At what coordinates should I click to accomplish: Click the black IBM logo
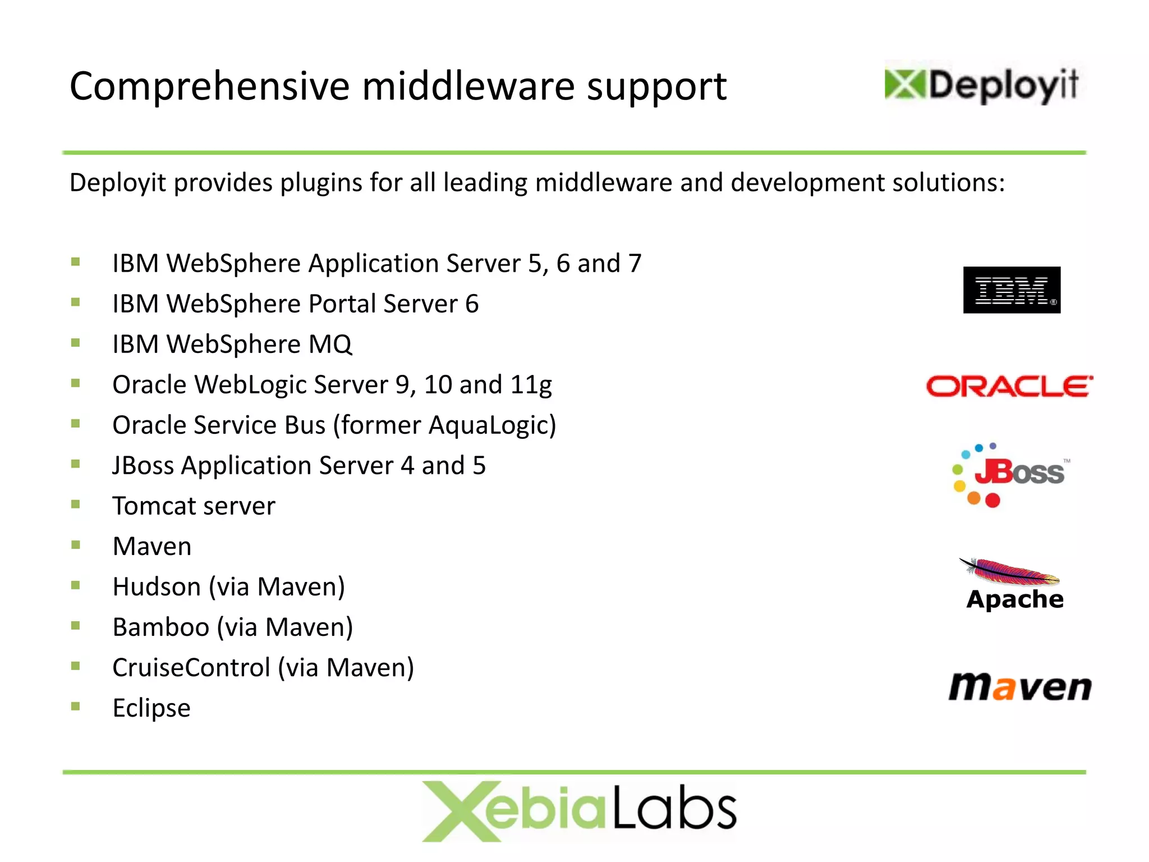(1012, 290)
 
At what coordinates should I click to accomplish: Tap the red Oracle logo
(1009, 387)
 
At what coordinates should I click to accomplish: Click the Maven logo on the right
(1019, 687)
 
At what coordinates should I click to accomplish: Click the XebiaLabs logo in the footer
(579, 811)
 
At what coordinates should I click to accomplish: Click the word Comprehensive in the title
(209, 87)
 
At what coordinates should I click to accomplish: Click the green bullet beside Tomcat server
(76, 504)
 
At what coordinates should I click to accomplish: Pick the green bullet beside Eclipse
(76, 706)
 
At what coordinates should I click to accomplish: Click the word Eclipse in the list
(151, 708)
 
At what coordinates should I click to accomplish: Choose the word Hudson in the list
(157, 587)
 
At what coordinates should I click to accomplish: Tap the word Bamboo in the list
(161, 627)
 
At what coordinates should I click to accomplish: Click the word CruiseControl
(191, 668)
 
